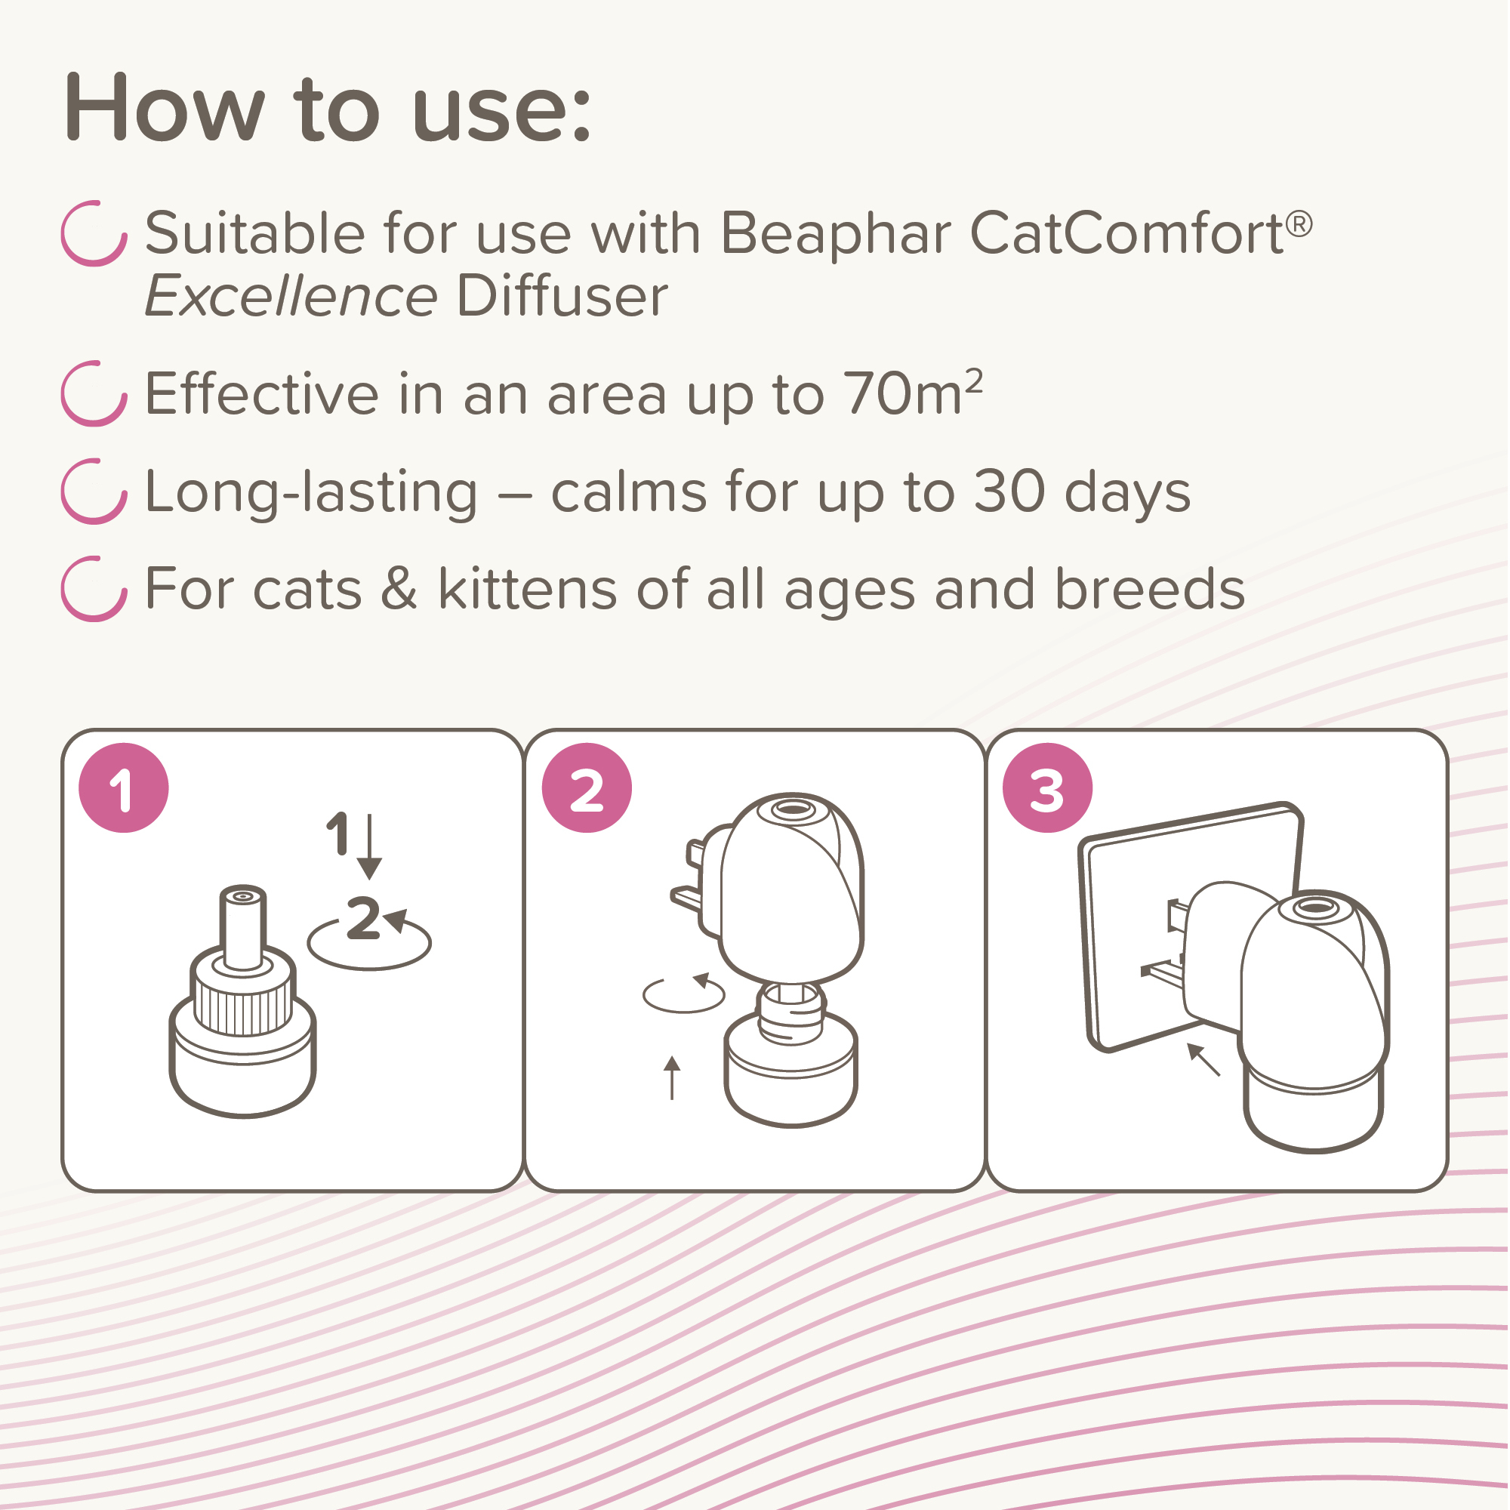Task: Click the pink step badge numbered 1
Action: coord(124,787)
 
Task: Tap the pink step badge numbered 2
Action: coord(587,787)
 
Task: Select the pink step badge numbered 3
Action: coord(1048,787)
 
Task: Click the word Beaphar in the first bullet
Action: coord(836,235)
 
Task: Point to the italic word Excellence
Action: coord(291,297)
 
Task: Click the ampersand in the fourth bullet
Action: coord(399,589)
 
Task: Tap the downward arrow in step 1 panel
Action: coord(370,847)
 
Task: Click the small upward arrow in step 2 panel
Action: coord(672,1078)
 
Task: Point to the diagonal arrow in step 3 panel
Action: coord(1204,1060)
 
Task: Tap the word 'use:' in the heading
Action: coord(501,109)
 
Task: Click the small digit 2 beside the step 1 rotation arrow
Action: coord(363,918)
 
